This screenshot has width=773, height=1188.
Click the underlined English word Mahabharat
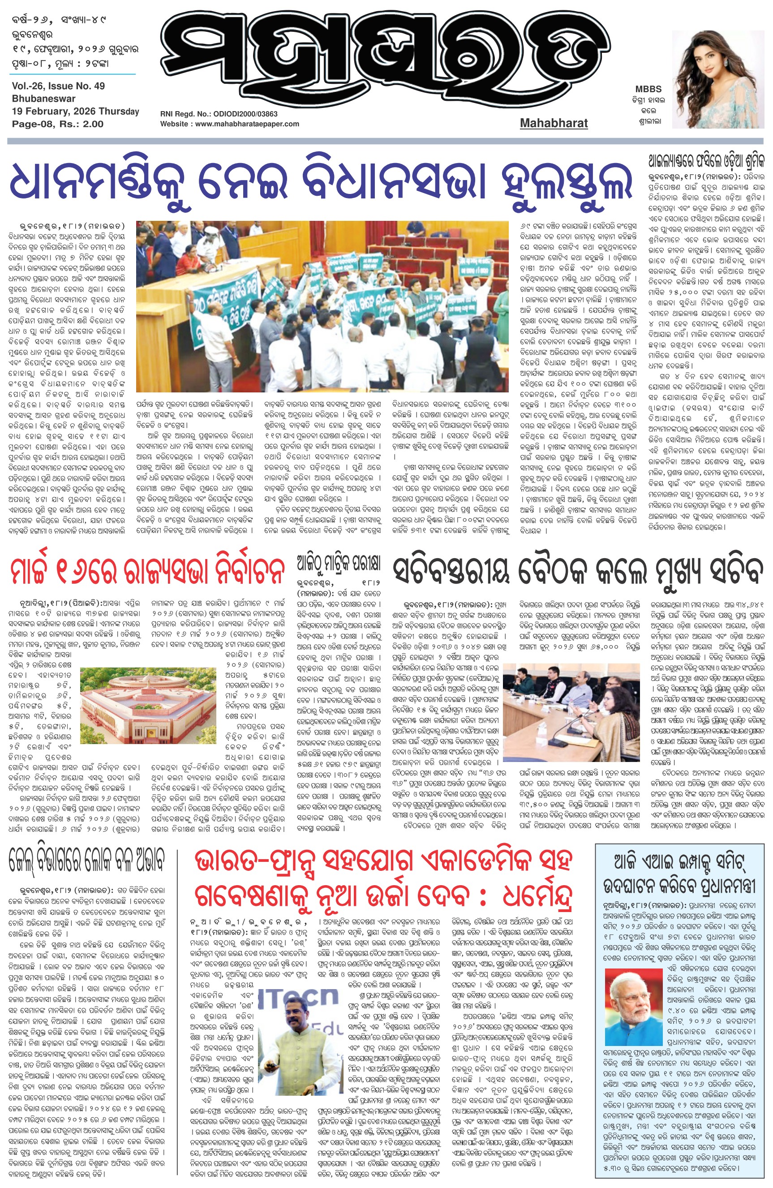(x=554, y=123)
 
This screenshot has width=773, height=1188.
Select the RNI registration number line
(x=219, y=114)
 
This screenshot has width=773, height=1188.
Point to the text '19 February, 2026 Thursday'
(x=75, y=111)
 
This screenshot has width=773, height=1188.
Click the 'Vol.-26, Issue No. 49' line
(x=58, y=86)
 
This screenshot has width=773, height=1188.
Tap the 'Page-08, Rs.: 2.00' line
(x=58, y=124)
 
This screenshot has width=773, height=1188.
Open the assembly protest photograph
(x=322, y=306)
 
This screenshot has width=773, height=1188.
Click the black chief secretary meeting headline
(x=577, y=571)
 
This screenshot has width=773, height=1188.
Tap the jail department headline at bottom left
(x=86, y=860)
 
